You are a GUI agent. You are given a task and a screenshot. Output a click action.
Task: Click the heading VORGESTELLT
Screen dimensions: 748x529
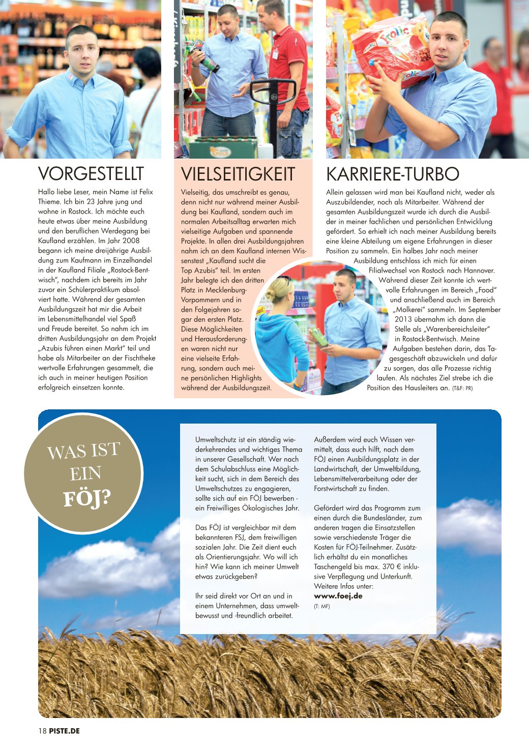[91, 174]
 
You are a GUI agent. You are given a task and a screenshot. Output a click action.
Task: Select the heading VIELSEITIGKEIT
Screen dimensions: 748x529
[238, 174]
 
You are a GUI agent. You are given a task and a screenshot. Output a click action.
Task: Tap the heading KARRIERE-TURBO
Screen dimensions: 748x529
[392, 174]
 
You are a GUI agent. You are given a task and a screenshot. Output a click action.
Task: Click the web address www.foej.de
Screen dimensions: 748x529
[338, 596]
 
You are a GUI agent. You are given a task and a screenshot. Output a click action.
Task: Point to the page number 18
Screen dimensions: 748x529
[42, 731]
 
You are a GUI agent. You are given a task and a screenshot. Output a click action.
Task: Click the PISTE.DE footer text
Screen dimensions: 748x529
[65, 731]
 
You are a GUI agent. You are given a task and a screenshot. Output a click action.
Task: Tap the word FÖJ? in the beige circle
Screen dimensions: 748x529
[86, 498]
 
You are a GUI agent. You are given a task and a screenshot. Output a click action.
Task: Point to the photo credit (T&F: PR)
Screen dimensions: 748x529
[462, 388]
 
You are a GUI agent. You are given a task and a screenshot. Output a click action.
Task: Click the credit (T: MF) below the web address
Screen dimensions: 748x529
[321, 606]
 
